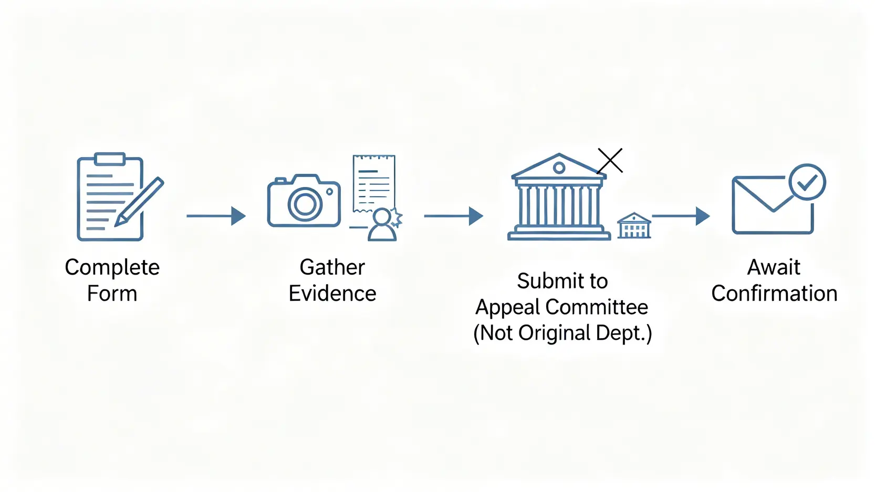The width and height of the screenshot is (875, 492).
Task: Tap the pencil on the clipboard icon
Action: coord(140,202)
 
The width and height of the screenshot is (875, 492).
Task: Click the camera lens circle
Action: coord(305,204)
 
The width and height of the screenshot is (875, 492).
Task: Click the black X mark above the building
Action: coord(610,161)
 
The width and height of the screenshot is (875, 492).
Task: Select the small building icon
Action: coord(634,226)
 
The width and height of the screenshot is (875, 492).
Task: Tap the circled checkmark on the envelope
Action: coord(807,182)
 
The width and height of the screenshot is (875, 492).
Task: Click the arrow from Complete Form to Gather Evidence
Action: coord(216,216)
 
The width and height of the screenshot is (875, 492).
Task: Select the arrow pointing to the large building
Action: coord(453,216)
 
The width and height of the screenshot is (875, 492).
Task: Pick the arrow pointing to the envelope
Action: coord(681,216)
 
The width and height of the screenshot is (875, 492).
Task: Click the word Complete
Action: coord(112,268)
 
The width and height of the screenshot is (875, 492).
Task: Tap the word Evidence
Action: coord(332,294)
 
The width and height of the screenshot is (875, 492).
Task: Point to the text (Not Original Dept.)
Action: coord(562,333)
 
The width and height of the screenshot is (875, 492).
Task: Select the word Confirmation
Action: coord(774,294)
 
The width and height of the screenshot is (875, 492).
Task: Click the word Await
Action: coord(774,267)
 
